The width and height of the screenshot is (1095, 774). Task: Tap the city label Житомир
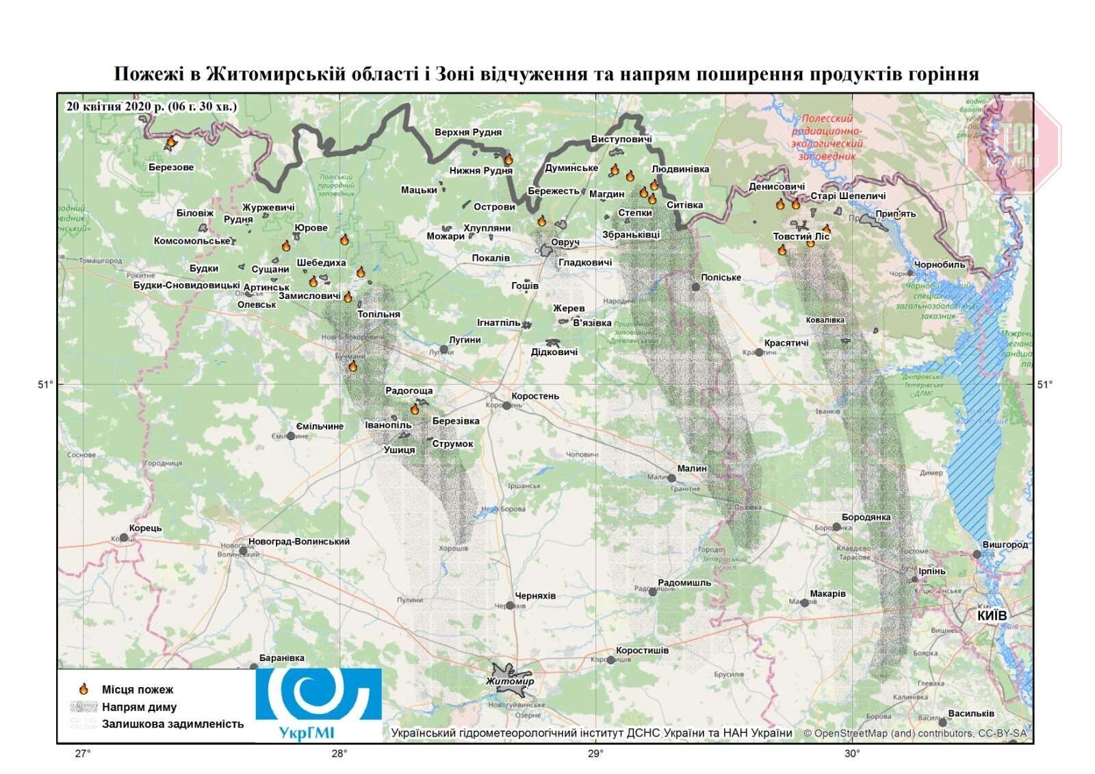point(509,682)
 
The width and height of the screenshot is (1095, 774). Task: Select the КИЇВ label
point(992,616)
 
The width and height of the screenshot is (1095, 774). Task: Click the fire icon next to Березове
point(170,142)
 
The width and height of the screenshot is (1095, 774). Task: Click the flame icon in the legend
point(83,689)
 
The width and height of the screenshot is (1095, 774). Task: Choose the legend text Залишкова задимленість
point(172,724)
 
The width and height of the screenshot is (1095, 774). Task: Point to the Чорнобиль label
point(940,264)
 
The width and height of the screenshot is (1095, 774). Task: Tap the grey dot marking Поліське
point(696,287)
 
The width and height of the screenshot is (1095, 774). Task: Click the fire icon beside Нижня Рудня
point(508,159)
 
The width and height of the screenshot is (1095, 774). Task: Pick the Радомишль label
point(684,583)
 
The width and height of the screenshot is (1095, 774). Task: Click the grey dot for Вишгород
point(977,554)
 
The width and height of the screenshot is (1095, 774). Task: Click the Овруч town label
point(565,243)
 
